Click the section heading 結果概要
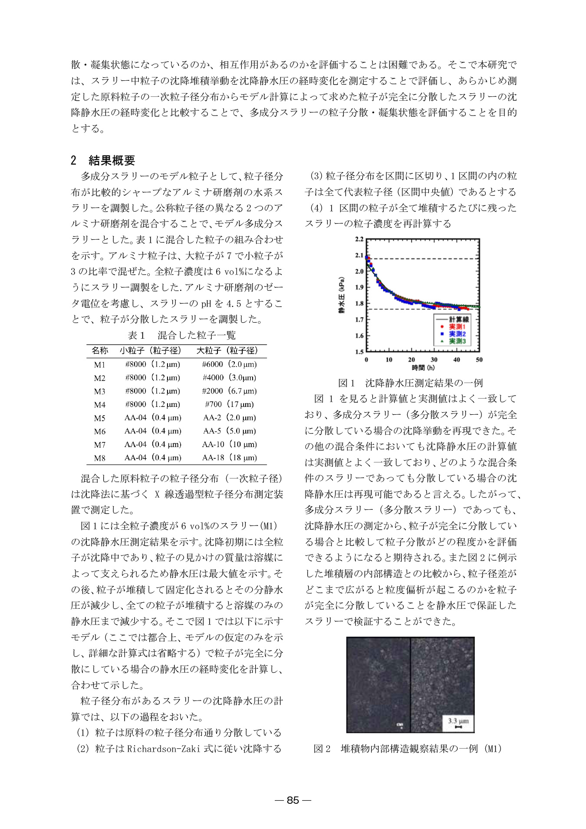pyautogui.click(x=112, y=160)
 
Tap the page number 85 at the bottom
pyautogui.click(x=293, y=800)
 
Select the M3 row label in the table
pyautogui.click(x=100, y=391)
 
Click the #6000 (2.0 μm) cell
pyautogui.click(x=230, y=364)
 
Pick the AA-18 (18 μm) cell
pyautogui.click(x=230, y=458)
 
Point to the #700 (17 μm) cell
pyautogui.click(x=230, y=404)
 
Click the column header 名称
pyautogui.click(x=100, y=350)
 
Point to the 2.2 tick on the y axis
pyautogui.click(x=359, y=239)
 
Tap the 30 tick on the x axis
pyautogui.click(x=434, y=360)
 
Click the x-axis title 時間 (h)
pyautogui.click(x=423, y=368)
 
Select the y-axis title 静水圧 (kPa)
pyautogui.click(x=342, y=295)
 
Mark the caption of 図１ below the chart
pyautogui.click(x=411, y=383)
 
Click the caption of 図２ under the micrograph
pyautogui.click(x=408, y=749)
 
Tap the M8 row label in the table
pyautogui.click(x=100, y=458)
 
